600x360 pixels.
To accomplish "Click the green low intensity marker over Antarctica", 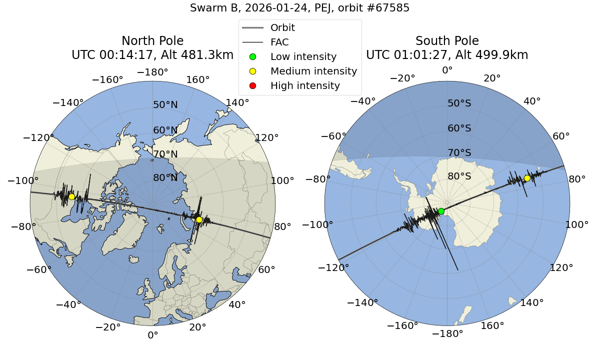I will coord(441,211).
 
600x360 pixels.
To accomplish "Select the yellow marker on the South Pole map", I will coord(527,178).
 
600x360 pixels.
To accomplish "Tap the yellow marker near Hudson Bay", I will coord(71,196).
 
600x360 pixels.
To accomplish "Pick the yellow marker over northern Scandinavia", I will coord(199,219).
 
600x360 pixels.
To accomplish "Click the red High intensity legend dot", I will coord(252,85).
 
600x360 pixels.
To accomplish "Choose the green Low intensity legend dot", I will coord(252,56).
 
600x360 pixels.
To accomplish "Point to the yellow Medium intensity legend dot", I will coord(252,71).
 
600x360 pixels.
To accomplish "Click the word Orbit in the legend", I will coord(282,27).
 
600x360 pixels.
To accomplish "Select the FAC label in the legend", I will coord(279,42).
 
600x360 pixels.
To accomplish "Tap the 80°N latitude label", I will coord(165,177).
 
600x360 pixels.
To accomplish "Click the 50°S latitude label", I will coord(459,103).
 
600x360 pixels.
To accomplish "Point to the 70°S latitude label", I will coord(459,152).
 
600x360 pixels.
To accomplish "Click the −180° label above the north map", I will coord(152,72).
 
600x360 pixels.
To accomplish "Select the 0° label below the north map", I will coord(152,335).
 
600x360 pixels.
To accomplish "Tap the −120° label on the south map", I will coord(333,267).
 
